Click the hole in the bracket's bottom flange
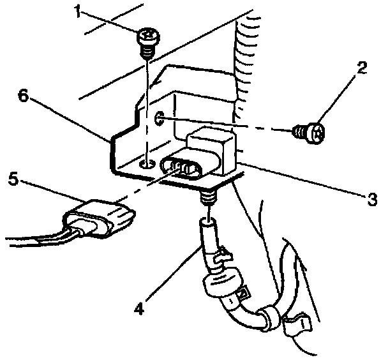pyautogui.click(x=147, y=164)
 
